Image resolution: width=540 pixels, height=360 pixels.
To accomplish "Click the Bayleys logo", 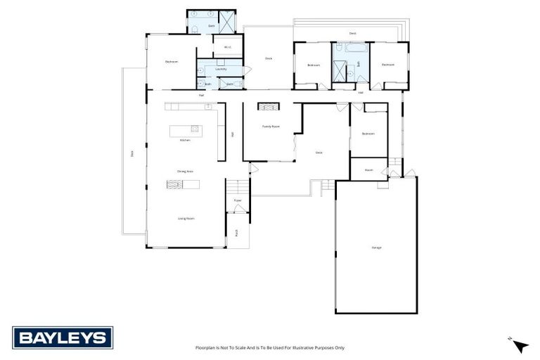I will (61, 338).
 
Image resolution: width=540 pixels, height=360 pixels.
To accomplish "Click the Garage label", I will (376, 247).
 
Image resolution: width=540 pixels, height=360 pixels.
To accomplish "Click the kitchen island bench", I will (185, 130).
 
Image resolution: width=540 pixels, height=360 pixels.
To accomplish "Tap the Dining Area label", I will (186, 171).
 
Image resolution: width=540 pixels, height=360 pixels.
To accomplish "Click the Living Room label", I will (186, 219).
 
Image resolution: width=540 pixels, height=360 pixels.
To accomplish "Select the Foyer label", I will (238, 200).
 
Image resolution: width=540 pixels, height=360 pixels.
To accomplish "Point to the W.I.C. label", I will (228, 48).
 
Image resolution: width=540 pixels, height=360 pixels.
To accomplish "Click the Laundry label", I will (221, 69).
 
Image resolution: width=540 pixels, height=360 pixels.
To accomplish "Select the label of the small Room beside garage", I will (368, 169).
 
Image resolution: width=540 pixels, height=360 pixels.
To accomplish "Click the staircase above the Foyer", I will (238, 187).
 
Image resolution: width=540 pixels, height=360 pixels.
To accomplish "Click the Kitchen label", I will (185, 141).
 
